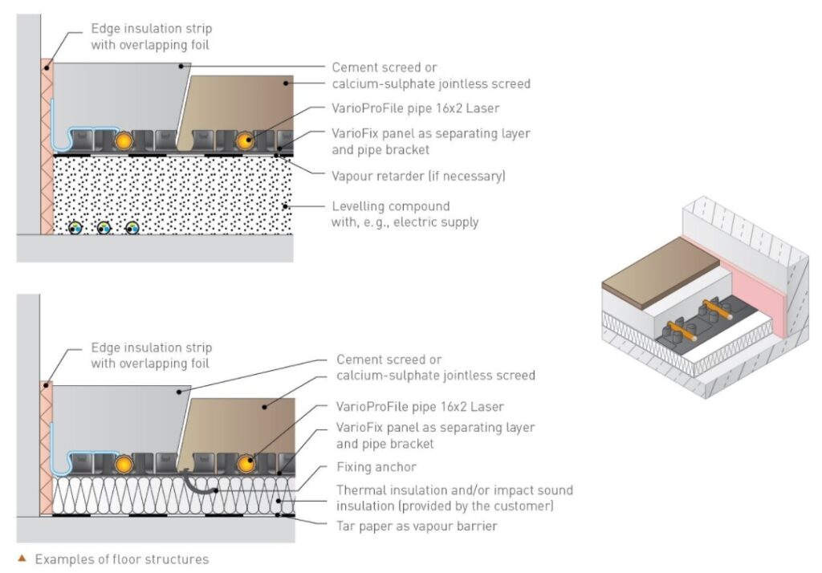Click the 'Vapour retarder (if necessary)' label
tap(418, 176)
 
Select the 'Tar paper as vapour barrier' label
tap(417, 526)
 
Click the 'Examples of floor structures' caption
tap(121, 559)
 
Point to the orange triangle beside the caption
tap(22, 559)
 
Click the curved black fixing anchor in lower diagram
tap(197, 481)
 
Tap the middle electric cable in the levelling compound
tap(104, 227)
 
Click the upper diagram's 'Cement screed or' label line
tap(385, 67)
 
